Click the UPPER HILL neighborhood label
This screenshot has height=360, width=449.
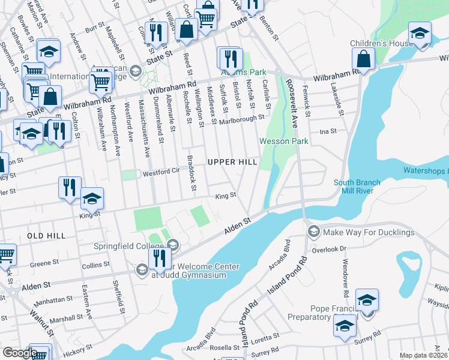pos(232,162)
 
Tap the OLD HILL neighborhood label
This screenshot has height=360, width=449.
pos(46,236)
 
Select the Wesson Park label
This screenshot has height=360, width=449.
pos(284,142)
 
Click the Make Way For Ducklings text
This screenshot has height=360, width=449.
pos(369,232)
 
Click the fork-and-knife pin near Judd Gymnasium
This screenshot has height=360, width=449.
pos(158,259)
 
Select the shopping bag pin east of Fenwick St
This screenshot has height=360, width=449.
pos(364,59)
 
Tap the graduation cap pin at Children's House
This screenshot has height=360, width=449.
pos(420,34)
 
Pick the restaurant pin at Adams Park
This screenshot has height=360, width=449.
pos(230,59)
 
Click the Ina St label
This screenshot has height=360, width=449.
pos(328,131)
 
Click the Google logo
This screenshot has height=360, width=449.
pos(20,353)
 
